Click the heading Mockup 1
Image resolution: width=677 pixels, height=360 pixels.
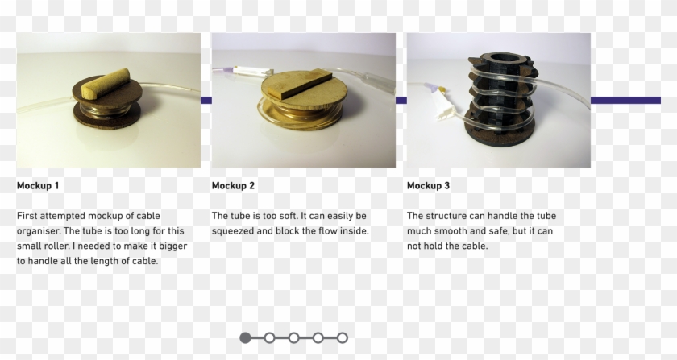pos(38,186)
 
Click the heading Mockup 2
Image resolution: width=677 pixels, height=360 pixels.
pos(233,186)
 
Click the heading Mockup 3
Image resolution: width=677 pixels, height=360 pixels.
pos(428,186)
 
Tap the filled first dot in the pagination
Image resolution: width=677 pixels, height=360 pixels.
pos(245,337)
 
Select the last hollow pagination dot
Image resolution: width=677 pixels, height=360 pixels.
pos(343,337)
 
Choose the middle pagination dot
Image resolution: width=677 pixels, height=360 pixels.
pos(293,337)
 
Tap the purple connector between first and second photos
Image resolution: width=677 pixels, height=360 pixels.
pos(206,100)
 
